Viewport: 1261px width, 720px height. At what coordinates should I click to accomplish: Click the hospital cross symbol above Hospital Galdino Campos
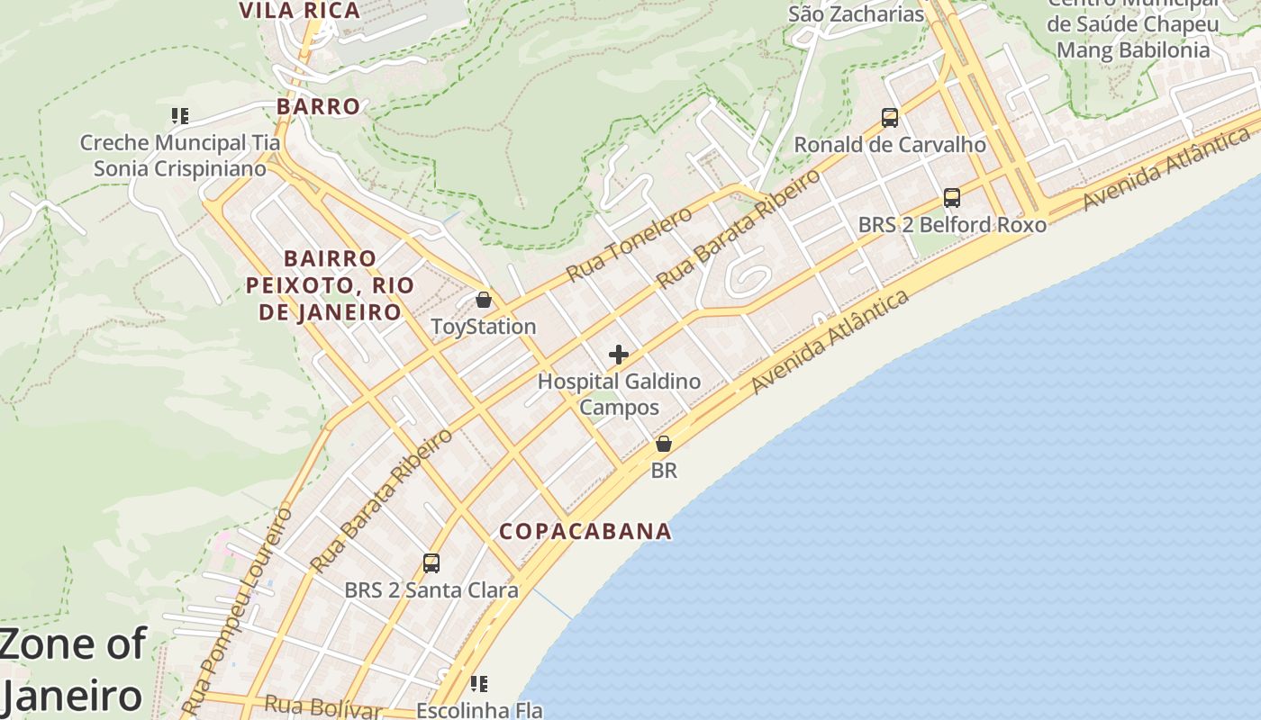click(x=619, y=355)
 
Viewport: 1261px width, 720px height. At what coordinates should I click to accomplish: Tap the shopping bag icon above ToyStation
click(x=484, y=300)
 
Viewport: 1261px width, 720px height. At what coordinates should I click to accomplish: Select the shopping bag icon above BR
click(x=664, y=444)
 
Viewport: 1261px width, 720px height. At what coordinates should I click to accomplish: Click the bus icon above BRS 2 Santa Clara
click(x=431, y=563)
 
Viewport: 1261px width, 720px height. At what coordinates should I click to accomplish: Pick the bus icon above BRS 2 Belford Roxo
click(x=952, y=198)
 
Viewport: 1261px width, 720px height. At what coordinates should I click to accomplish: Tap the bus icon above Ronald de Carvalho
click(x=890, y=118)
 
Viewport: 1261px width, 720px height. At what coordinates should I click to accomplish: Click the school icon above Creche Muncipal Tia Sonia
click(x=180, y=116)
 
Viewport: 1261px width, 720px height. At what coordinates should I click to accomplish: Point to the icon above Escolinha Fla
click(x=479, y=685)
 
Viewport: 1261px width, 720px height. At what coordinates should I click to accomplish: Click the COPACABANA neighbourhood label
click(x=585, y=531)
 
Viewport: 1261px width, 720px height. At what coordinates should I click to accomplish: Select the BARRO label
click(x=319, y=106)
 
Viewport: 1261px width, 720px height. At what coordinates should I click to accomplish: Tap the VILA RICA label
click(x=299, y=11)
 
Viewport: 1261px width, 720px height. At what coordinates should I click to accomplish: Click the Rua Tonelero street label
click(x=630, y=243)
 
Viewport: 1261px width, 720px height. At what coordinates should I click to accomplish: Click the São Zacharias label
click(x=857, y=14)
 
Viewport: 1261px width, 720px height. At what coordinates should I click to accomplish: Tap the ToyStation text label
click(x=484, y=327)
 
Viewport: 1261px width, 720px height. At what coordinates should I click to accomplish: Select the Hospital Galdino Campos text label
click(x=619, y=394)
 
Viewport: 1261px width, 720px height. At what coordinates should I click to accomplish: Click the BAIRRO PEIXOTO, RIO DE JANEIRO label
click(x=331, y=285)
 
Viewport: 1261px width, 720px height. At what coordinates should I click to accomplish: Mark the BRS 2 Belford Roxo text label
click(x=952, y=225)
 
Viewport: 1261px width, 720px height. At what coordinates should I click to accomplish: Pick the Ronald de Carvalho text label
click(x=890, y=145)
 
